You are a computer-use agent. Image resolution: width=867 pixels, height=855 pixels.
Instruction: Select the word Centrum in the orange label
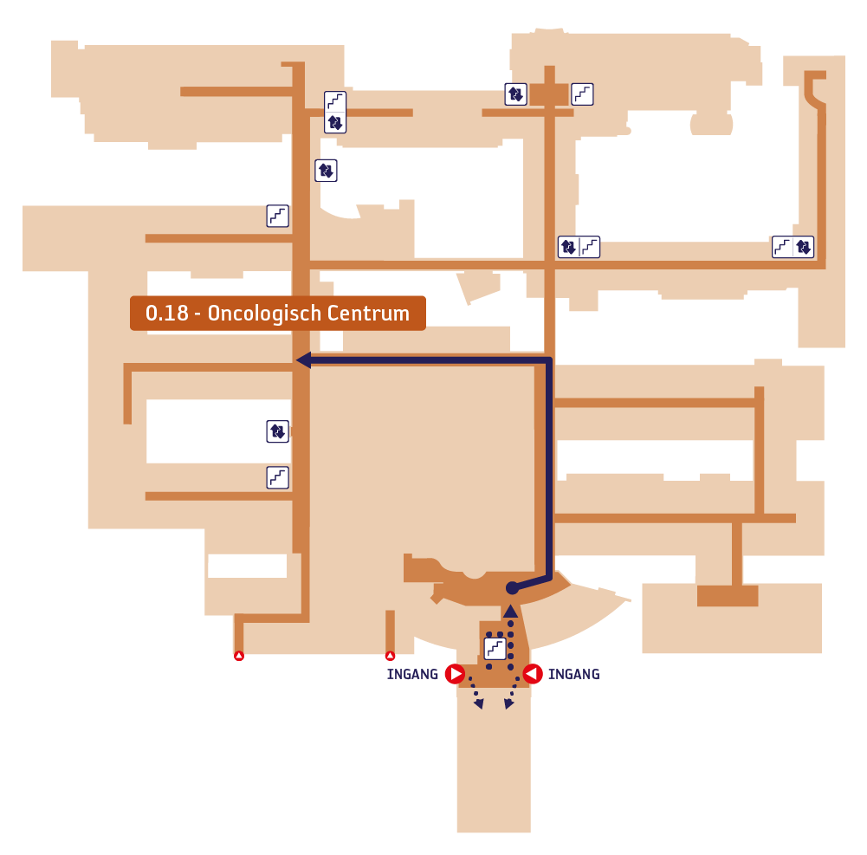coord(368,313)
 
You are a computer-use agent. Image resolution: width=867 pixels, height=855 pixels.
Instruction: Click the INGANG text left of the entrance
coord(412,674)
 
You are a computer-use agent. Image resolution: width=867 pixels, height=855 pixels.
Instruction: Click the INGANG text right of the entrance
coord(574,674)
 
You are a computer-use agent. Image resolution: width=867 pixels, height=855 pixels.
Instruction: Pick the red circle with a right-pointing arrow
coord(455,674)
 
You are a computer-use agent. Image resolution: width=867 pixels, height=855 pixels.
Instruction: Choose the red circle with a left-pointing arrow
coord(533,674)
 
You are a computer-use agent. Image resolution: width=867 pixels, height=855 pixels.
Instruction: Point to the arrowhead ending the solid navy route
coord(303,360)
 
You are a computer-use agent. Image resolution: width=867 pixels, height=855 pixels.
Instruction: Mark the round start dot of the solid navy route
coord(513,588)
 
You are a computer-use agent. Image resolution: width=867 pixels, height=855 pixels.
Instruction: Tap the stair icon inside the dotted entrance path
coord(495,648)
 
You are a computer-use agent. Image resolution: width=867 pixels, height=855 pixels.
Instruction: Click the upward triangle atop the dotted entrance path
coord(510,611)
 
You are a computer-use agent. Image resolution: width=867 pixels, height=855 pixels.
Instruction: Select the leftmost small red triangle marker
coord(239,656)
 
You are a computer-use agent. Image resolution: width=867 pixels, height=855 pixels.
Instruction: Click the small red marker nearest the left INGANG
coord(390,656)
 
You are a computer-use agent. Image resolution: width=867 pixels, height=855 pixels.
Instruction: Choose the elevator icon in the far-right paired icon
coord(804,247)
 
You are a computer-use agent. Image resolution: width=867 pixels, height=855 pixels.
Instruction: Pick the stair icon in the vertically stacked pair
coord(335,101)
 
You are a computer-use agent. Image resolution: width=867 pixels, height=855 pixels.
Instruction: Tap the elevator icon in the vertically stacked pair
coord(335,122)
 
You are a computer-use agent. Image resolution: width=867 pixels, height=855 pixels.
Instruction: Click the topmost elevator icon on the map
coord(515,94)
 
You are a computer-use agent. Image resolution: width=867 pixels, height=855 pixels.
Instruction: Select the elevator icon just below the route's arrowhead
coord(277,431)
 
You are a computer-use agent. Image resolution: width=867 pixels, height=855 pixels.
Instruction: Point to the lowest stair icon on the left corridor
coord(277,477)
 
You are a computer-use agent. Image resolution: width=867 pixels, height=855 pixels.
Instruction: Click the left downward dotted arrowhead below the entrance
coord(479,703)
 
